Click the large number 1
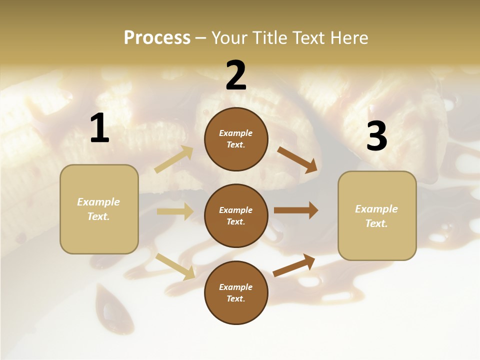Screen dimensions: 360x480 [x=99, y=128]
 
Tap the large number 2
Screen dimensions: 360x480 [x=236, y=75]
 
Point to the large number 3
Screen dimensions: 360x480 [x=376, y=136]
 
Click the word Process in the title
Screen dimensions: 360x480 [x=157, y=37]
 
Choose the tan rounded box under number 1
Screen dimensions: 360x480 [x=99, y=209]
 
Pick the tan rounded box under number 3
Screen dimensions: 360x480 [x=377, y=215]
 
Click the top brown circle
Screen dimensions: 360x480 [x=236, y=139]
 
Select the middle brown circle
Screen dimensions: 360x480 [x=236, y=215]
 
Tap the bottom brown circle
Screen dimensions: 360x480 [x=236, y=292]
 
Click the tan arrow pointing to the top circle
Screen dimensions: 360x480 [x=174, y=159]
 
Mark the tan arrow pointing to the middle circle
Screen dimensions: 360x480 [x=175, y=211]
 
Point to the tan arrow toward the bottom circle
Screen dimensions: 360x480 [x=175, y=266]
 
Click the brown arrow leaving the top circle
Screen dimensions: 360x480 [x=297, y=159]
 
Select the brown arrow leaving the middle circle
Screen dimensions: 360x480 [x=296, y=210]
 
